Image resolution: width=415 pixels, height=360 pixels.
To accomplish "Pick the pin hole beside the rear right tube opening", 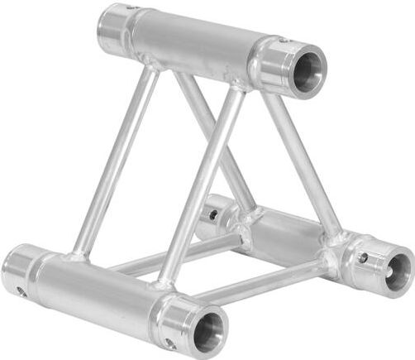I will coord(363,258).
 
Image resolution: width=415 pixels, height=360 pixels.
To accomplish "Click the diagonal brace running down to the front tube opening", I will coord(198,190).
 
